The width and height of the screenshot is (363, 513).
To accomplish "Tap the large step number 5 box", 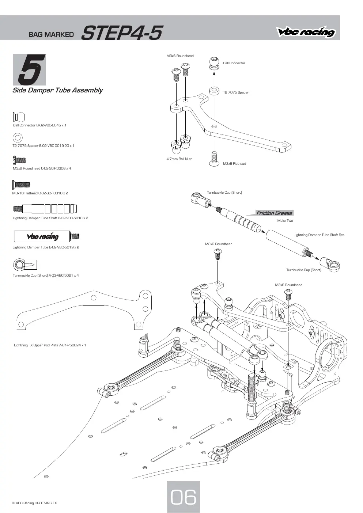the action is point(29,70).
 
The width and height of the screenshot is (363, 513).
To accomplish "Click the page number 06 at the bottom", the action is point(184,497).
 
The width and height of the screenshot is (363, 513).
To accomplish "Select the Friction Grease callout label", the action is point(274,213).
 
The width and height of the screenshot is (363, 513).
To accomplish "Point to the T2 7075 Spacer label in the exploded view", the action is point(236,92).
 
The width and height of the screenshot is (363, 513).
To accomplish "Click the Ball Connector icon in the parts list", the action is point(19,117).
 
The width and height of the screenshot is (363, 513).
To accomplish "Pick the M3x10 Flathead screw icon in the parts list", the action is point(21,185).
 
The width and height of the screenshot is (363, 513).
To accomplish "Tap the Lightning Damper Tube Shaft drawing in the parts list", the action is point(45,209).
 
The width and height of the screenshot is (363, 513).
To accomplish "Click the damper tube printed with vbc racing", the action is point(46,236).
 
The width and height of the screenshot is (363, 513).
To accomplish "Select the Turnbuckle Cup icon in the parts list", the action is point(25,265).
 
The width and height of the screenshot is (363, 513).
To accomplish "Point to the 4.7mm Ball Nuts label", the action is point(179,159).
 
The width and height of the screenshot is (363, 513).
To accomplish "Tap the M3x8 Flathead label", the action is point(234,164).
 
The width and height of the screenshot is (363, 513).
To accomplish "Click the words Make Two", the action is point(285,221).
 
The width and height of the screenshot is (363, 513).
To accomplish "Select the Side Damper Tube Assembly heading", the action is point(57,90).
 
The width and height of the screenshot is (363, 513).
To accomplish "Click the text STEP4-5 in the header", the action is point(122,33).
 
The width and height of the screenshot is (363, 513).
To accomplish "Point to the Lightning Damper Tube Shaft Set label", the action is point(319,235).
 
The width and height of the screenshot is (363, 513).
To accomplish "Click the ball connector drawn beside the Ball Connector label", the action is point(214,64).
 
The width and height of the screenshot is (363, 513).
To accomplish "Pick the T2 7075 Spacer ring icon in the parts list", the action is point(18,138).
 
